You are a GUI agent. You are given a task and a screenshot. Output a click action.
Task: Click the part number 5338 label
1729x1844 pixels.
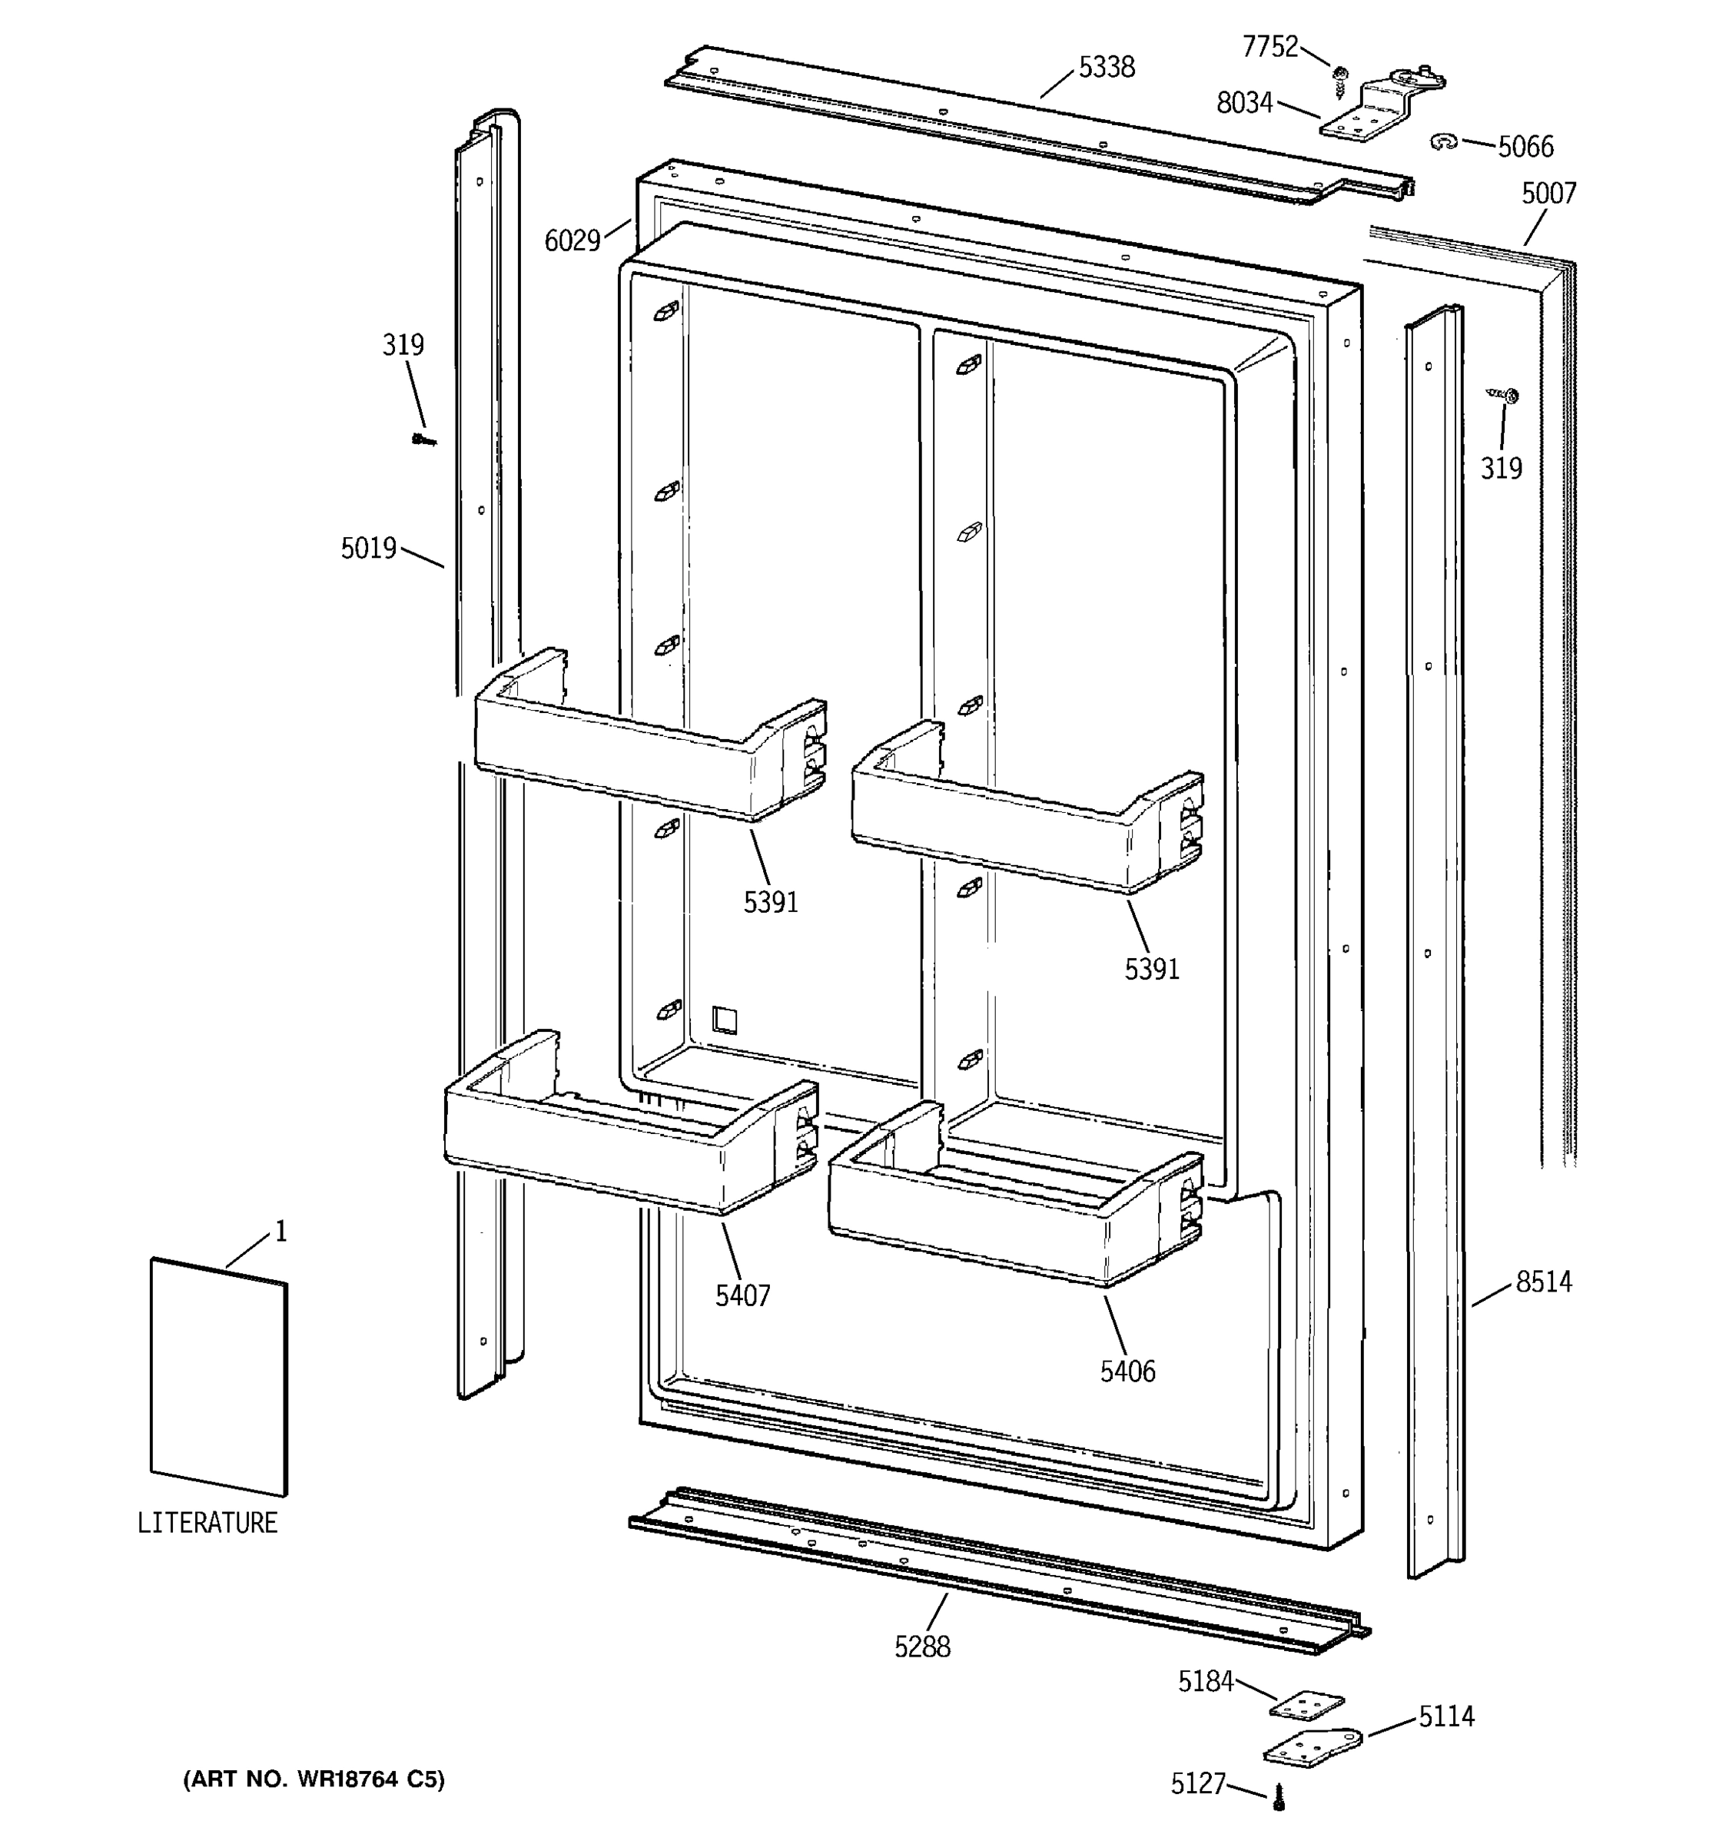click(x=1106, y=68)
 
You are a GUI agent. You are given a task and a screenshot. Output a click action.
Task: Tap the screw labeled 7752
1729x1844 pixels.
click(x=1339, y=81)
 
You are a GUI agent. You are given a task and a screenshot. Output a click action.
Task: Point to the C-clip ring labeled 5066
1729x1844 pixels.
click(x=1443, y=142)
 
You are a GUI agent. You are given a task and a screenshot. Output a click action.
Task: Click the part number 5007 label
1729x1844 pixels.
click(x=1548, y=193)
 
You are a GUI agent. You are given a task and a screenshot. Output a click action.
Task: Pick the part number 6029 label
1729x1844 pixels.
click(x=572, y=241)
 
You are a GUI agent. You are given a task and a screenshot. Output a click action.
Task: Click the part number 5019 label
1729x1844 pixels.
click(x=368, y=549)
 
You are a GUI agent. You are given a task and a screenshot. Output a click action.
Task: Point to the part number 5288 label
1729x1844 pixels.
click(x=922, y=1647)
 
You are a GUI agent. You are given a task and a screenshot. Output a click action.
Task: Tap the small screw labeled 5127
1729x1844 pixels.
click(x=1279, y=1796)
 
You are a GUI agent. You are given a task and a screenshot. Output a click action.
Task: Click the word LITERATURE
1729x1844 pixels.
click(x=207, y=1523)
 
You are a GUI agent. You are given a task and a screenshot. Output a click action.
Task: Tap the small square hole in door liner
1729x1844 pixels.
click(x=725, y=1020)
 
